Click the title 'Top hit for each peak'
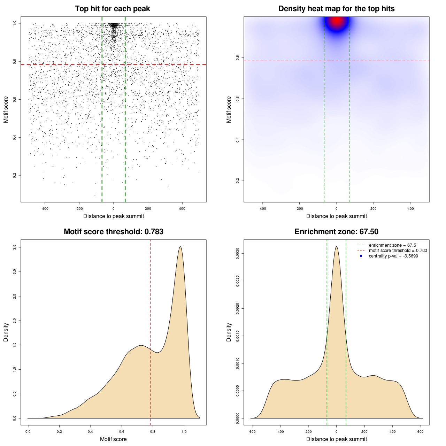(112, 9)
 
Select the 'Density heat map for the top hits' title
(336, 9)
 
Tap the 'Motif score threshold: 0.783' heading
(113, 232)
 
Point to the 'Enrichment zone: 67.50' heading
(336, 232)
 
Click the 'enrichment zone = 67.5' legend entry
(392, 245)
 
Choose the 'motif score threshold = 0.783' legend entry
(398, 251)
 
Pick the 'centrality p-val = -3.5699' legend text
(393, 256)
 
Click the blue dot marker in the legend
(361, 256)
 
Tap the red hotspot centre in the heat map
(337, 21)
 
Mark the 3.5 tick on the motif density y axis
(15, 247)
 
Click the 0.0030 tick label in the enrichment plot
(238, 254)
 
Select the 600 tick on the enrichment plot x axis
(421, 432)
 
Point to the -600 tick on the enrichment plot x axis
(252, 432)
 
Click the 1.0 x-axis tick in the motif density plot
(184, 432)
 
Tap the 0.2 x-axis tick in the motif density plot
(59, 432)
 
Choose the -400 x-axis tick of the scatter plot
(45, 209)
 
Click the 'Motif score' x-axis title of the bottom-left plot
(113, 439)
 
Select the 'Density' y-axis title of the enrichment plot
(229, 332)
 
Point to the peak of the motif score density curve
(180, 247)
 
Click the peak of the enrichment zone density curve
(336, 247)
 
